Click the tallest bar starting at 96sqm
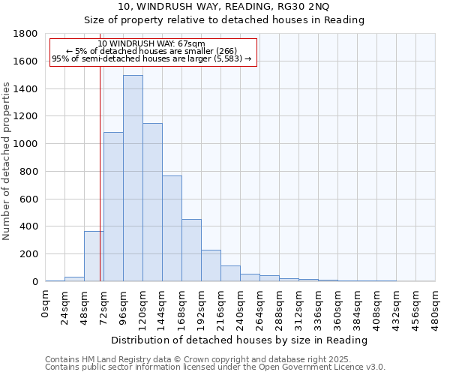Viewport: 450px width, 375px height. coord(133,178)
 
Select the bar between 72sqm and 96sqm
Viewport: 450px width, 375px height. coord(113,207)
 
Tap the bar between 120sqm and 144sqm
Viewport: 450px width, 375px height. coord(152,202)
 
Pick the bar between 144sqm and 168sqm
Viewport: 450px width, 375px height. coord(172,229)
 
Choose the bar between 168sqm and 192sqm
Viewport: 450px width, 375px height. coord(191,250)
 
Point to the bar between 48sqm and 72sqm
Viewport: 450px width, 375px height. coord(94,256)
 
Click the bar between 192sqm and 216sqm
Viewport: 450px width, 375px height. coord(211,265)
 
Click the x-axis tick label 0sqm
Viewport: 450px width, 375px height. coord(46,303)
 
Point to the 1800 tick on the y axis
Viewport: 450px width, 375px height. coord(28,34)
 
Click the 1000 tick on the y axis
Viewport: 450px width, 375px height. coord(28,144)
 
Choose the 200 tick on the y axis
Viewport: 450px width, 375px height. coord(31,254)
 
